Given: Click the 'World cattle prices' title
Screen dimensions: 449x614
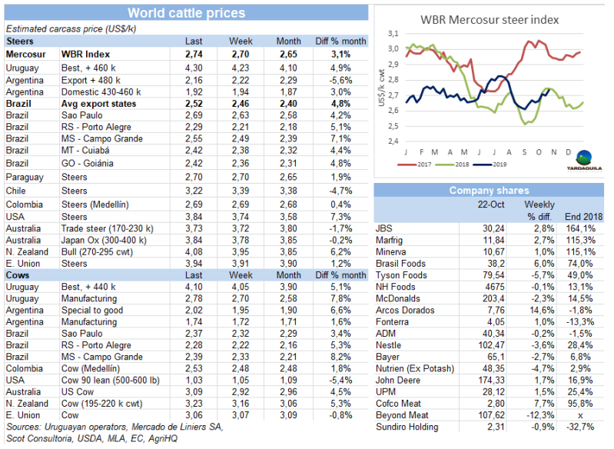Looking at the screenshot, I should pos(186,13).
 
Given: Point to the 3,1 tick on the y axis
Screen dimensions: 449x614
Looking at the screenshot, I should pos(393,34).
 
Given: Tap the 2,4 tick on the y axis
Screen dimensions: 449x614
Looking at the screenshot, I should pos(393,141).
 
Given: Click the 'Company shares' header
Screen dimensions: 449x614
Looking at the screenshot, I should pos(489,190).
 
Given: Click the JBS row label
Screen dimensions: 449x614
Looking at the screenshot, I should pos(384,228).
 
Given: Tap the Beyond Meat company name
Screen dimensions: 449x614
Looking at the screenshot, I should pos(402,415).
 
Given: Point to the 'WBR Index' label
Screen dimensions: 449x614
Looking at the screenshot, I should pos(86,55).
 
